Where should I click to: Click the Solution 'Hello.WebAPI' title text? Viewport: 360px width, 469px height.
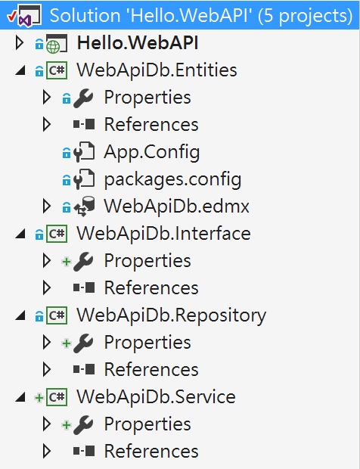(x=201, y=16)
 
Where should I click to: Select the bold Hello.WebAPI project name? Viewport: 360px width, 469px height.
(x=138, y=43)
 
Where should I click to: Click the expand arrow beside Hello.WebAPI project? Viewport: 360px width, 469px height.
(x=20, y=43)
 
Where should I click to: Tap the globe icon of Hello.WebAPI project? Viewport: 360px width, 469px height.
(x=53, y=47)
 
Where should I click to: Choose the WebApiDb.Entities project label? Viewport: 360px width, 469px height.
(x=157, y=70)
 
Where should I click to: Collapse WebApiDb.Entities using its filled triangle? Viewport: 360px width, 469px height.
(x=20, y=70)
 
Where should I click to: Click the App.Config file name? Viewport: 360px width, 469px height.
(x=151, y=152)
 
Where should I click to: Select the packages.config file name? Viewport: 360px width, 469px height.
(x=172, y=179)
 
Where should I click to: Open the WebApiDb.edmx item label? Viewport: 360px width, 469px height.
(x=176, y=207)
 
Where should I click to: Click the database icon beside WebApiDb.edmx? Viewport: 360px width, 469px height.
(x=84, y=206)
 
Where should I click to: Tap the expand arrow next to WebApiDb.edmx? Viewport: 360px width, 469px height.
(x=47, y=206)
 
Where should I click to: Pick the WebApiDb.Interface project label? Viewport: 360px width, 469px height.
(x=163, y=234)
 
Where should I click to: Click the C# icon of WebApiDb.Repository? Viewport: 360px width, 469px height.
(x=57, y=315)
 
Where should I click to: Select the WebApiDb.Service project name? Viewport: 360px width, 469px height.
(x=156, y=397)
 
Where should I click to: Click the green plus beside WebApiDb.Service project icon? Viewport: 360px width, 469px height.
(x=39, y=398)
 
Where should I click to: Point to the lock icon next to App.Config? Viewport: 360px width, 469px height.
(x=67, y=153)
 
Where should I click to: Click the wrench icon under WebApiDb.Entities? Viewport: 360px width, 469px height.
(x=83, y=98)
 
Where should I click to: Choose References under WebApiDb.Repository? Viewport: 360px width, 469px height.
(x=151, y=370)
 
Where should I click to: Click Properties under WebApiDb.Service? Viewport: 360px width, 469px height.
(x=147, y=424)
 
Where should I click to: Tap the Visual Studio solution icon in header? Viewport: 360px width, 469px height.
(x=25, y=16)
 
